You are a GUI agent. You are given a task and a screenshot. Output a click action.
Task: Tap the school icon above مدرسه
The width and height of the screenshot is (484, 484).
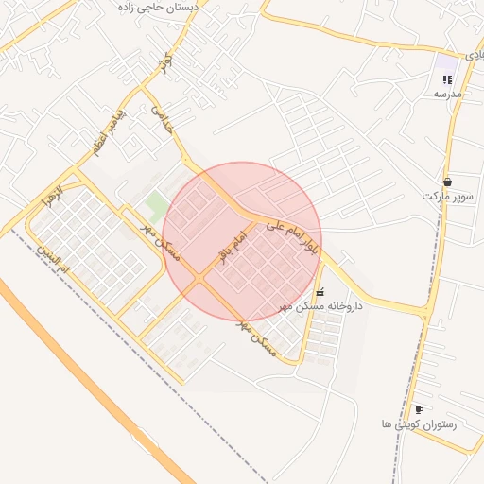[x=447, y=80]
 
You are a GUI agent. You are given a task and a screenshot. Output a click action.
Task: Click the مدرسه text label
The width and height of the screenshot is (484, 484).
[x=447, y=95]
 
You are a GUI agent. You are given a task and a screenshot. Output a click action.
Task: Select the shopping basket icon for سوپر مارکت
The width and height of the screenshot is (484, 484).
[x=446, y=181]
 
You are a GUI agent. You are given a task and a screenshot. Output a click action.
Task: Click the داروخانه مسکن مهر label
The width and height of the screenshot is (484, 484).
[x=322, y=307]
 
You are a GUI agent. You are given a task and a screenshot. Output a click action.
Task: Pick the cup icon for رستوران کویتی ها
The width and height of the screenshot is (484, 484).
[x=419, y=409]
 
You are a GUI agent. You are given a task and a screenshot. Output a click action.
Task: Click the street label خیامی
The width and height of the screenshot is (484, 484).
[x=164, y=117]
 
